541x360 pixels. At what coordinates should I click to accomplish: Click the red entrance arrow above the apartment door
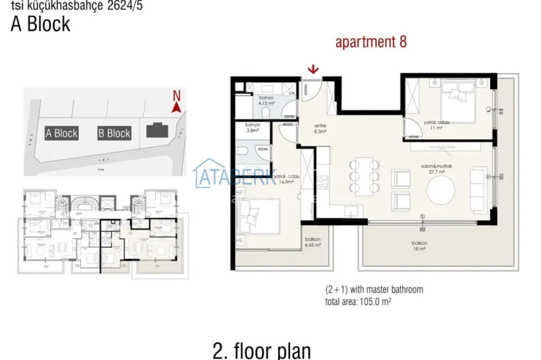pos(313,69)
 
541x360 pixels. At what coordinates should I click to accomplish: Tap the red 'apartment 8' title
pos(370,43)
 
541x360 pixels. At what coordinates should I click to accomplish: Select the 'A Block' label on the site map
pos(62,133)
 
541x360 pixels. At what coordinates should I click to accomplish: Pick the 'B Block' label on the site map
pos(114,133)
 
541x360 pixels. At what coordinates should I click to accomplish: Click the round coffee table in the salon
pos(440,190)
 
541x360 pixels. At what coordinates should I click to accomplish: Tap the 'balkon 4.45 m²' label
pos(312,242)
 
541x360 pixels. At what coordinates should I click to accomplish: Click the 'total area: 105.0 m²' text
pos(358,301)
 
